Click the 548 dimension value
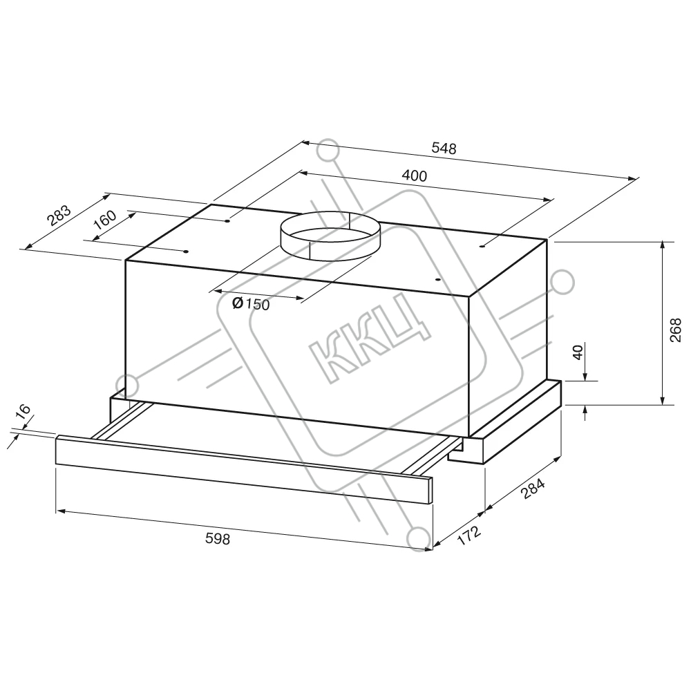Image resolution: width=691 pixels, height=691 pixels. [x=444, y=148]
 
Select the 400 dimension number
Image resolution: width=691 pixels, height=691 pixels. [x=415, y=176]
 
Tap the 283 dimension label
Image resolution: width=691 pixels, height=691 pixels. [x=59, y=216]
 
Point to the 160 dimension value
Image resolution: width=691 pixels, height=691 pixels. [x=105, y=220]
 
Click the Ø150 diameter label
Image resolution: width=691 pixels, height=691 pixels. [x=251, y=303]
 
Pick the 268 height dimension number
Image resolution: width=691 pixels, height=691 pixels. [x=675, y=330]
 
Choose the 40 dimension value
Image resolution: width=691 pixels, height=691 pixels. [x=578, y=352]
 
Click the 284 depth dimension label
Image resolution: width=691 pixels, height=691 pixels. [x=533, y=489]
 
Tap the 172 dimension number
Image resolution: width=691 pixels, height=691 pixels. [x=469, y=535]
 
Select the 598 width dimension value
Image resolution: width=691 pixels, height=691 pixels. [x=218, y=538]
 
